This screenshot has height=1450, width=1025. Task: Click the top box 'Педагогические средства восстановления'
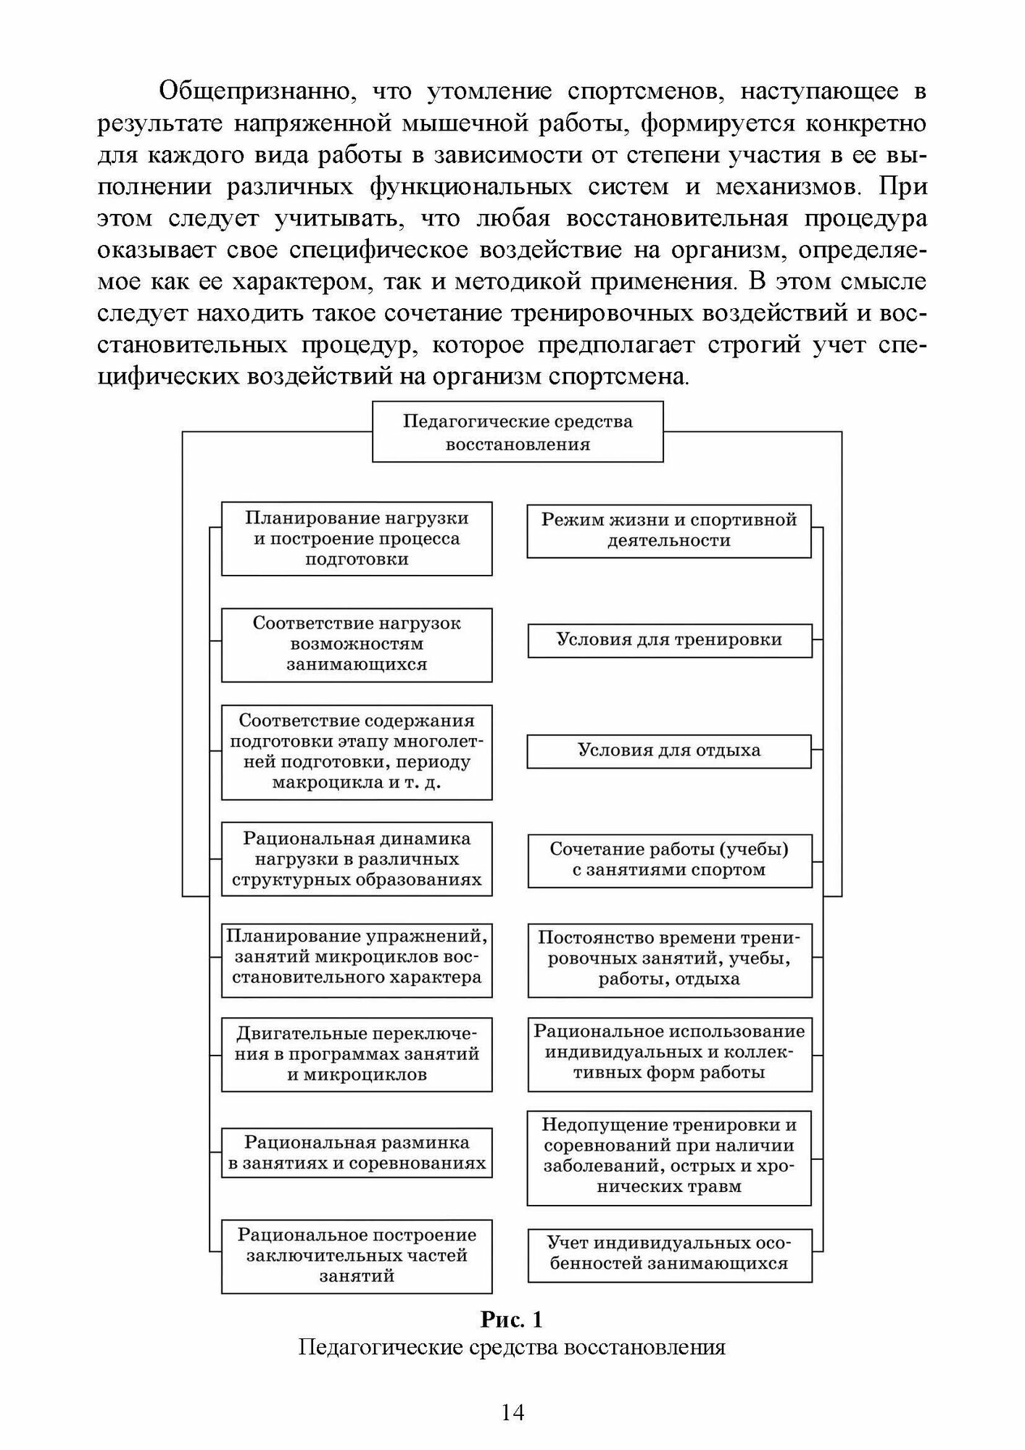coord(517,432)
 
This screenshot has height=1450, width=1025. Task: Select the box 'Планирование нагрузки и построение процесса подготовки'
coord(357,539)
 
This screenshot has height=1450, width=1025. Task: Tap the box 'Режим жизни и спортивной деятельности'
coord(668,531)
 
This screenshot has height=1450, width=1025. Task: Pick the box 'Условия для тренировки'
coord(669,641)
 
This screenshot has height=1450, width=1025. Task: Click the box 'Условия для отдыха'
coord(668,751)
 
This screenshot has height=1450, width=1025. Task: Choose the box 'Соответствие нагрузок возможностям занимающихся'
coord(357,645)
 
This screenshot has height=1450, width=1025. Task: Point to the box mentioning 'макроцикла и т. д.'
coord(357,752)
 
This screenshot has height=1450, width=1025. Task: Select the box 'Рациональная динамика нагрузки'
coord(357,859)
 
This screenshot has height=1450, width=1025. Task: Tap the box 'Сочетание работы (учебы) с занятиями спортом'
coord(669,860)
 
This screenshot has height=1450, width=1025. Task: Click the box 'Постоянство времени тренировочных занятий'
coord(669,959)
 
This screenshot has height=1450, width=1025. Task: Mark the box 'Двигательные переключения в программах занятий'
coord(357,1054)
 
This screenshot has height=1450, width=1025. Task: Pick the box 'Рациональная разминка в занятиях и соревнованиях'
coord(357,1152)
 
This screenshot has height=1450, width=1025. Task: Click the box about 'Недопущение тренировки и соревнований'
coord(668,1157)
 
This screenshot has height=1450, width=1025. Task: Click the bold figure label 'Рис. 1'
coord(512,1319)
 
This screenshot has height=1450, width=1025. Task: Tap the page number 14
coord(512,1412)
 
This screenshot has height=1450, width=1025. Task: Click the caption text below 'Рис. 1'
coord(512,1347)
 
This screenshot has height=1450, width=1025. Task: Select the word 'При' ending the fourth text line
coord(902,187)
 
